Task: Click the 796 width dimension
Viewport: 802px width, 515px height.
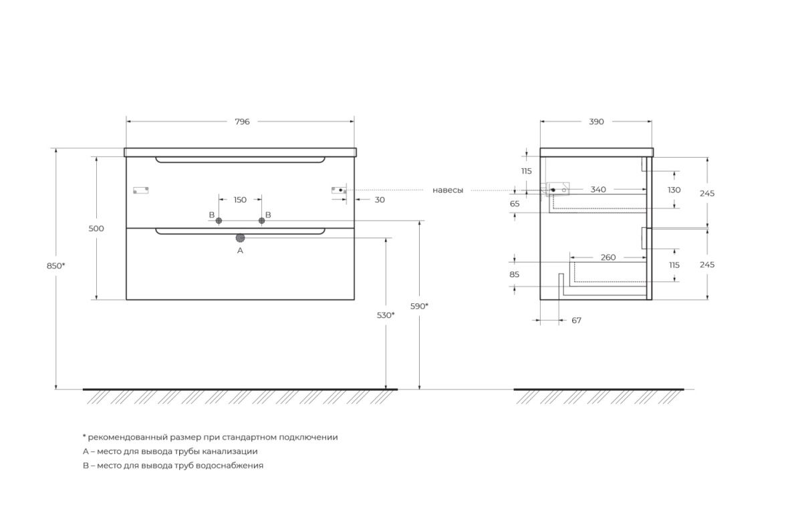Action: [242, 122]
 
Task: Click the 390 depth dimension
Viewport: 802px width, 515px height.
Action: [596, 122]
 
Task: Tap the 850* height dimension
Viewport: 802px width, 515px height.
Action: [56, 266]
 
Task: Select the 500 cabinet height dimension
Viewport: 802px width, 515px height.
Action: [96, 228]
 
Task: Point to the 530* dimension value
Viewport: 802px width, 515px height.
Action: [386, 315]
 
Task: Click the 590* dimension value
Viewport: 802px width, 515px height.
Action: [419, 306]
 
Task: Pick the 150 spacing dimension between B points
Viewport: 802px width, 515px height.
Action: [240, 200]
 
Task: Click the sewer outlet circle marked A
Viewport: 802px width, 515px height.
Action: [240, 238]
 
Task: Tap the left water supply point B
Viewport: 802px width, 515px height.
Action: [219, 221]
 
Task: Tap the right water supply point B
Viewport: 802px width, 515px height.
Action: [262, 221]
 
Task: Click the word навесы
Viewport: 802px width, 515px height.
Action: [448, 190]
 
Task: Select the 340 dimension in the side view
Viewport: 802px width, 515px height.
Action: [598, 189]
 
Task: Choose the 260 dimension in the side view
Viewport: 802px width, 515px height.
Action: [608, 257]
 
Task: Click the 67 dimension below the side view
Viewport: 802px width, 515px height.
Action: [576, 321]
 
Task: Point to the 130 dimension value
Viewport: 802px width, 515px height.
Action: [674, 190]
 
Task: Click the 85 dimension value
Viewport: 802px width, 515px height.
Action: [515, 275]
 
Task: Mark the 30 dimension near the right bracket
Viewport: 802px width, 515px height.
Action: [380, 200]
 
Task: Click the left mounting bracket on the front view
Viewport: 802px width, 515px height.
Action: [141, 190]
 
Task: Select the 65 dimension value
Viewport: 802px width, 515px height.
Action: [515, 204]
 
